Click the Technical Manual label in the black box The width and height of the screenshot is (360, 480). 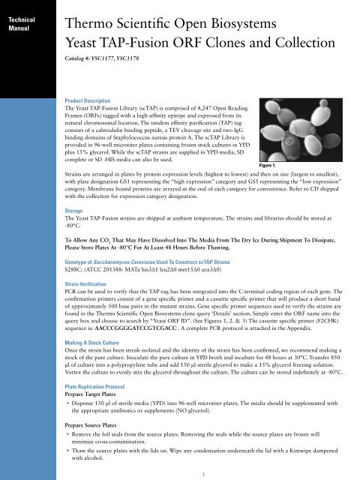[21, 19]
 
